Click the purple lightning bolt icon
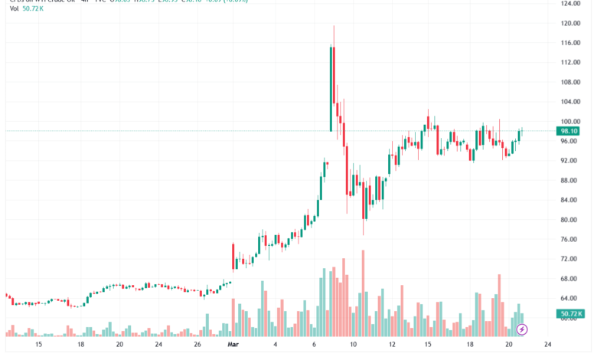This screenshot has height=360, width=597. pyautogui.click(x=523, y=329)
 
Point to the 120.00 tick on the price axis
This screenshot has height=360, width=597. pyautogui.click(x=569, y=23)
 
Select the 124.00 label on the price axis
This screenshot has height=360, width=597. pyautogui.click(x=569, y=4)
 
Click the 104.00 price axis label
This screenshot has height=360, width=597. pyautogui.click(x=569, y=102)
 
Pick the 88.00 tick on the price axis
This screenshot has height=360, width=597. pyautogui.click(x=569, y=181)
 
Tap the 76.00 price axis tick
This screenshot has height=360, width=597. pyautogui.click(x=569, y=240)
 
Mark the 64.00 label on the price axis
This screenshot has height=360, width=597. pyautogui.click(x=569, y=299)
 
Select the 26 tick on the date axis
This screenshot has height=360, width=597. pyautogui.click(x=197, y=345)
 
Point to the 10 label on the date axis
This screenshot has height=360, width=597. pyautogui.click(x=353, y=345)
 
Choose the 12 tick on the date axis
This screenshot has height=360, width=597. pyautogui.click(x=392, y=345)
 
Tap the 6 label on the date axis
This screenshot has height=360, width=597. pyautogui.click(x=314, y=345)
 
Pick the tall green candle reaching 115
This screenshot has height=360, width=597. pyautogui.click(x=331, y=88)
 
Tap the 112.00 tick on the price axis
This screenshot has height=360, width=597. pyautogui.click(x=569, y=63)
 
